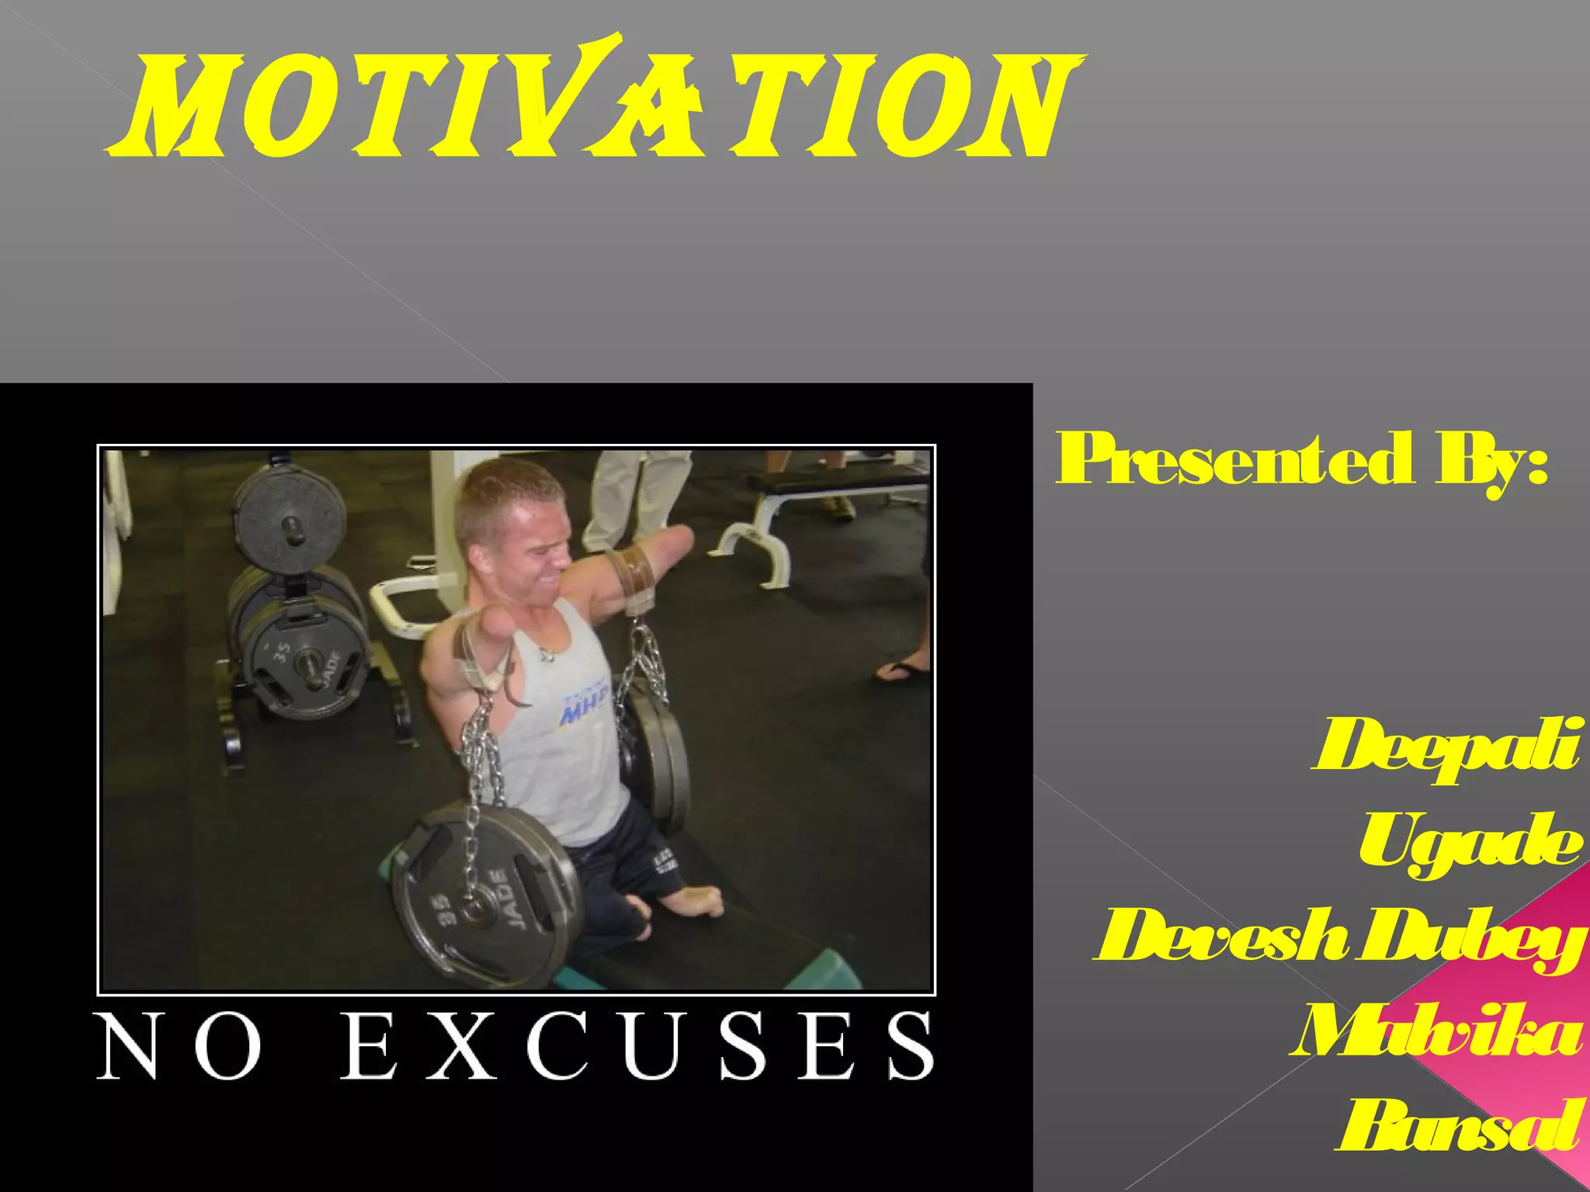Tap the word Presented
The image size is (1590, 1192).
point(1234,459)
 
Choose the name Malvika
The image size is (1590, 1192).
point(1436,1032)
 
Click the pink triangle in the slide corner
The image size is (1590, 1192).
point(1522,1032)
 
